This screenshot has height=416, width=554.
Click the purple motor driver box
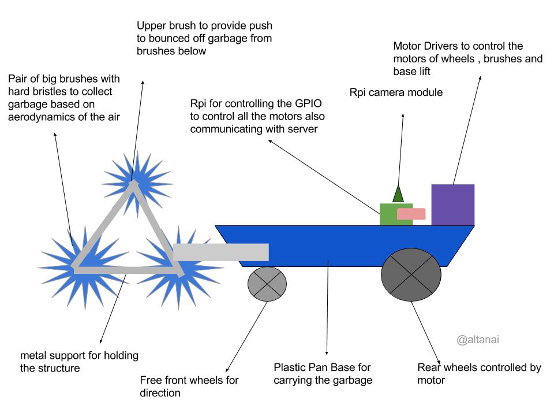(453, 205)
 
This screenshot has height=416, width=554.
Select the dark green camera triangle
(398, 194)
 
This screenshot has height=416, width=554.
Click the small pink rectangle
(411, 214)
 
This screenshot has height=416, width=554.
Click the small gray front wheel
(267, 284)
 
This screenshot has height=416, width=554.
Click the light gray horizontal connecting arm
(221, 252)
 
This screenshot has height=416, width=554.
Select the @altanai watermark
(478, 340)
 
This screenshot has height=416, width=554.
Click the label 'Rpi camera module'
(396, 92)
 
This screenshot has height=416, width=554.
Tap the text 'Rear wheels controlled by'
(479, 368)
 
